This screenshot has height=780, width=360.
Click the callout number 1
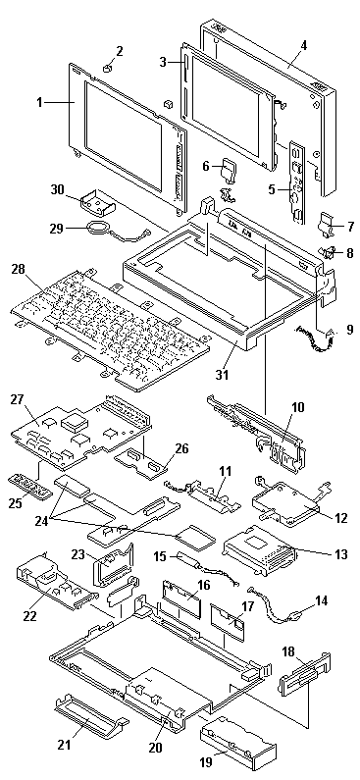39,102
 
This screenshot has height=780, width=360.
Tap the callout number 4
304,46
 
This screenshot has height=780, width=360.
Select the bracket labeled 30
98,204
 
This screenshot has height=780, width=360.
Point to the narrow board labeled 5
295,182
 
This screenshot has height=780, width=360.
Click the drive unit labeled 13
260,550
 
